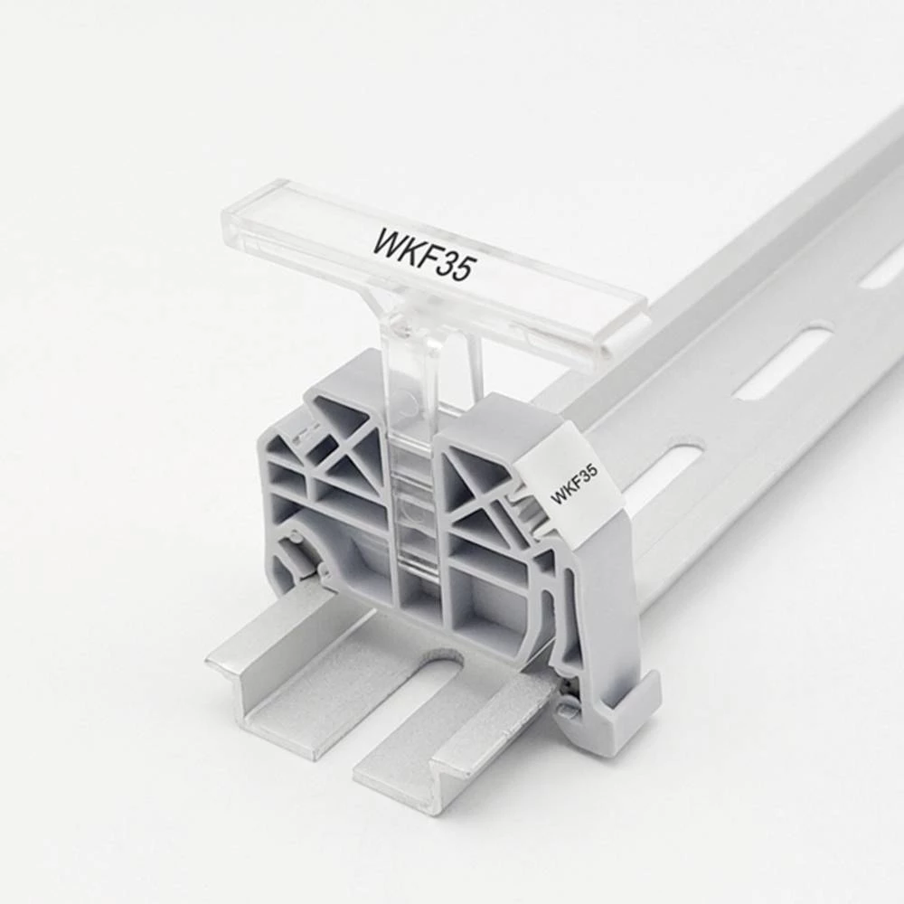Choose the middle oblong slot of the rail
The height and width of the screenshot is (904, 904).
point(783,363)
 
